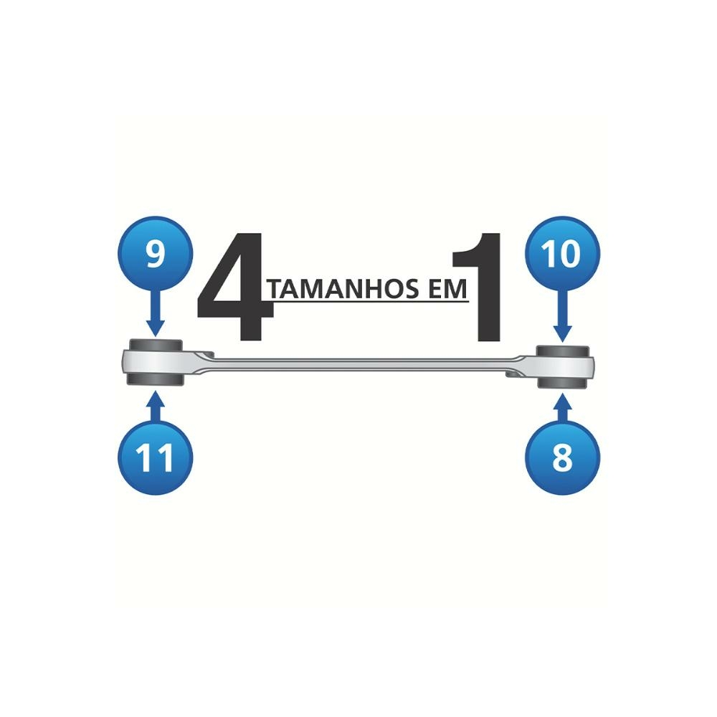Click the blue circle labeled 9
pos(156,254)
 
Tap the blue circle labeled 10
pos(562,254)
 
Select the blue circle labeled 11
pos(156,457)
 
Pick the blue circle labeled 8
pos(562,457)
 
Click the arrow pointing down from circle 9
pos(156,313)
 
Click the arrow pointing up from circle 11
pos(156,406)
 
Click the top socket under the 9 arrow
pos(156,345)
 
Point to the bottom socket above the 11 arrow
pos(156,379)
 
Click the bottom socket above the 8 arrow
pos(562,383)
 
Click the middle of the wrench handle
pos(359,364)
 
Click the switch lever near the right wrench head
pos(514,374)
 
